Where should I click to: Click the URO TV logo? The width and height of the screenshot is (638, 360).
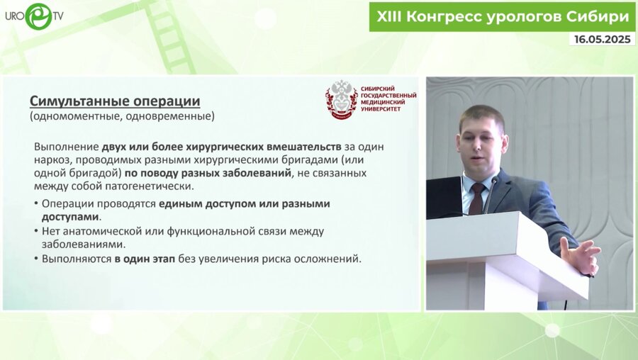pyautogui.click(x=35, y=16)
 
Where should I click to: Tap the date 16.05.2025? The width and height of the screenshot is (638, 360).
pyautogui.click(x=601, y=40)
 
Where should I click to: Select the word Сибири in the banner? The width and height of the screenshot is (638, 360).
pyautogui.click(x=598, y=16)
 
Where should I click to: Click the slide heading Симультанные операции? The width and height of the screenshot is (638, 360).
pyautogui.click(x=114, y=101)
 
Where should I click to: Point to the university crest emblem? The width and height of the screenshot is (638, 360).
pyautogui.click(x=341, y=99)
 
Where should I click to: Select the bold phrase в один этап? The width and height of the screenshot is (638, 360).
pyautogui.click(x=145, y=259)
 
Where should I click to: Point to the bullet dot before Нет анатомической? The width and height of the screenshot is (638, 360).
pyautogui.click(x=36, y=232)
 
